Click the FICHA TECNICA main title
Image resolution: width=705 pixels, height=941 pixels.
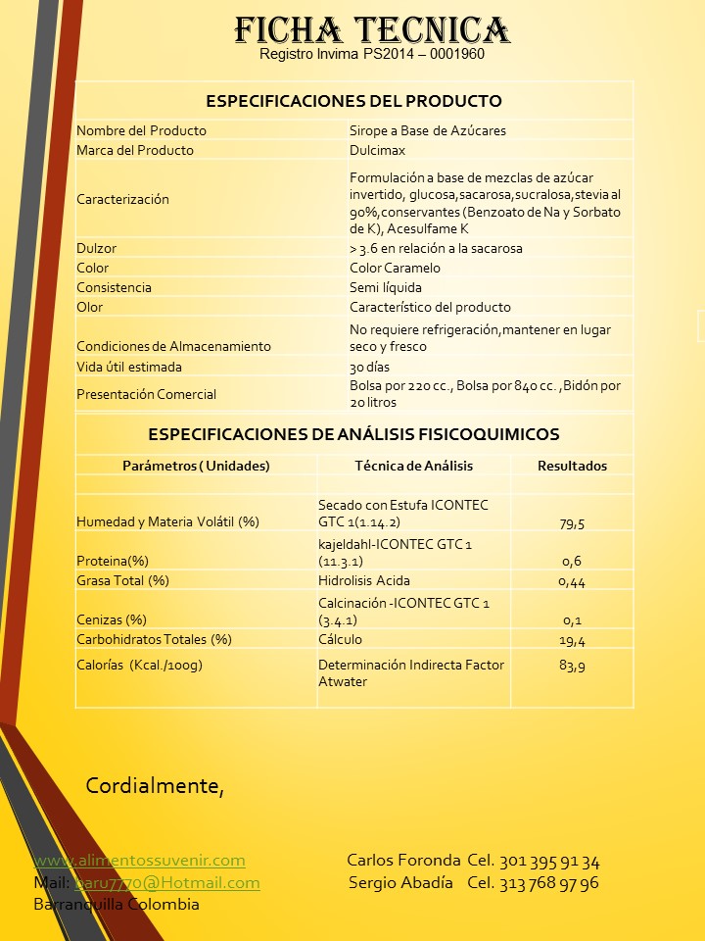pos(372,29)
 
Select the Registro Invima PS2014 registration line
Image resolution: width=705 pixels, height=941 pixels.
pos(372,55)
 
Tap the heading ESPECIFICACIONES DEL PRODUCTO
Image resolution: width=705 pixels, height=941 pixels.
pos(353,101)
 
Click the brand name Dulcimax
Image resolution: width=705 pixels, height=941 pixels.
pos(377,150)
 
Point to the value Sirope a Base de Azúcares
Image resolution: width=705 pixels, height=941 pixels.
pos(427,130)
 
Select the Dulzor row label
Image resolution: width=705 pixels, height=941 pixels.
pos(96,248)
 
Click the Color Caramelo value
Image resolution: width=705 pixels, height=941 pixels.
pos(395,268)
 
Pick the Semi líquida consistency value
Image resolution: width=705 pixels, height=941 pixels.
pos(386,287)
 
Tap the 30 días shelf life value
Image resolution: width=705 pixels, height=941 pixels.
pos(369,367)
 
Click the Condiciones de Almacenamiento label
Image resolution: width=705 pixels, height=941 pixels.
pos(173,346)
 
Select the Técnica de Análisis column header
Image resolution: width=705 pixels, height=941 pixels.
pos(413,466)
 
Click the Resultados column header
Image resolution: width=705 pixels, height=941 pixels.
pos(572,466)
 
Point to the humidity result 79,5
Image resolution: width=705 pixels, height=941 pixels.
pos(572,523)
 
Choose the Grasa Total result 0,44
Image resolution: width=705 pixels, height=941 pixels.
pos(572,581)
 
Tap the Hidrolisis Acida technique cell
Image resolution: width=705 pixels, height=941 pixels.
pos(364,580)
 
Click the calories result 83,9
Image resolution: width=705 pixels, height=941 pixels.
pos(572,666)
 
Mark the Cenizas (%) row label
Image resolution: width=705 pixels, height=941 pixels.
pos(111,619)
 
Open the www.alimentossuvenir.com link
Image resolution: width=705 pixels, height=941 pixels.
pos(139,861)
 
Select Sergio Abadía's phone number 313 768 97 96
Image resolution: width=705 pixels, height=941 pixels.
pos(549,882)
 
